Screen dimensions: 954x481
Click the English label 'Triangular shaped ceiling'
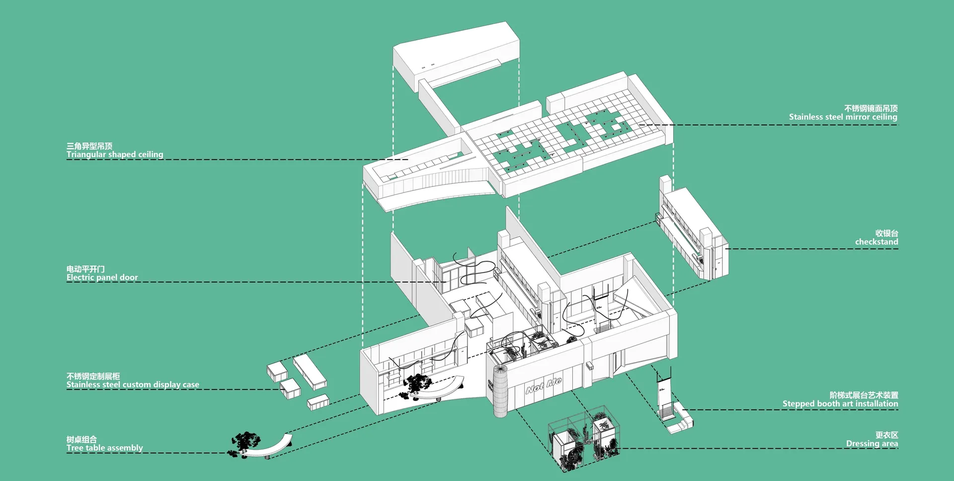[x=115, y=155]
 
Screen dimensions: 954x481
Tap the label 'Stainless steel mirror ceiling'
[x=843, y=117]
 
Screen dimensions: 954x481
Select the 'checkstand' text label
[x=876, y=242]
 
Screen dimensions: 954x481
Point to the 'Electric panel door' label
[x=102, y=278]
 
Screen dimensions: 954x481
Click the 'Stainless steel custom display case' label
[x=133, y=385]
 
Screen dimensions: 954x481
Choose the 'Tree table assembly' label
[x=105, y=448]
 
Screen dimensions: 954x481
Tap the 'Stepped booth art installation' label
[x=840, y=404]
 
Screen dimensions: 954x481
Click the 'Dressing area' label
[x=872, y=444]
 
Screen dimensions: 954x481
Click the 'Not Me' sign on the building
[x=544, y=385]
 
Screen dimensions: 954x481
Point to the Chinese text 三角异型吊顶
[x=89, y=146]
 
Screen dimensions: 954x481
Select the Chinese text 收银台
[x=887, y=233]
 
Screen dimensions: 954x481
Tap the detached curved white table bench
[x=268, y=448]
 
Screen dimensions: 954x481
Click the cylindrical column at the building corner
[x=500, y=391]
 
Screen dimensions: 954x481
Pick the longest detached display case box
[x=310, y=371]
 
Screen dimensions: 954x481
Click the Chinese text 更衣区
[x=887, y=435]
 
